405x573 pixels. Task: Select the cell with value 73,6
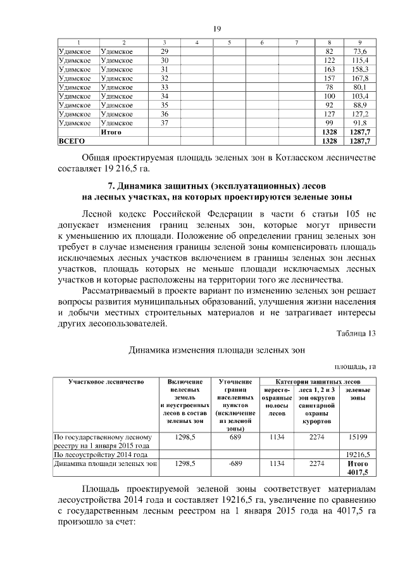361,51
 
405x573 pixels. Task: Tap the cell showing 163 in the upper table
329,68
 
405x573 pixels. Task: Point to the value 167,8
361,78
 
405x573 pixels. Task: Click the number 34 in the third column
165,96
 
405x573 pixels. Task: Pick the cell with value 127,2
361,114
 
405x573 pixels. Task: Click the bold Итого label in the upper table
111,132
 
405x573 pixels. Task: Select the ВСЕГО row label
71,141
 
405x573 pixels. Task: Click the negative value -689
235,463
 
